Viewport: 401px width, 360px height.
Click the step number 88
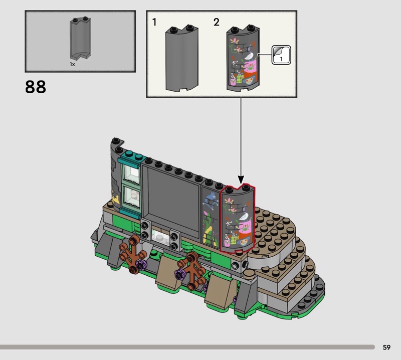click(x=36, y=87)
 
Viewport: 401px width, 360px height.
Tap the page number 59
click(x=386, y=347)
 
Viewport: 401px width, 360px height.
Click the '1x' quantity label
click(x=72, y=64)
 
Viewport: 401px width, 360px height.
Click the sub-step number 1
click(x=154, y=22)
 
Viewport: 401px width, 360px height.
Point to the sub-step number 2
click(x=217, y=22)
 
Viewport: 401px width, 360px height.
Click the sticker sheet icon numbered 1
click(x=281, y=55)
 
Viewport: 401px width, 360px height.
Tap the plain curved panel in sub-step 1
click(x=182, y=58)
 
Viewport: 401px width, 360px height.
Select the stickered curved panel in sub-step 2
click(x=243, y=58)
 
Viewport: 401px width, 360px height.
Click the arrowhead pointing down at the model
click(x=241, y=179)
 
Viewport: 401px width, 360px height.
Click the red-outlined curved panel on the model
click(x=238, y=218)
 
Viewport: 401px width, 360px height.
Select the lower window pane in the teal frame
click(x=132, y=197)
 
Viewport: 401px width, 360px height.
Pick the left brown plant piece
click(x=133, y=254)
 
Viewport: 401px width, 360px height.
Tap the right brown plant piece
click(x=192, y=270)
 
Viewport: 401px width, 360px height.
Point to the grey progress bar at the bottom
click(x=187, y=347)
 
